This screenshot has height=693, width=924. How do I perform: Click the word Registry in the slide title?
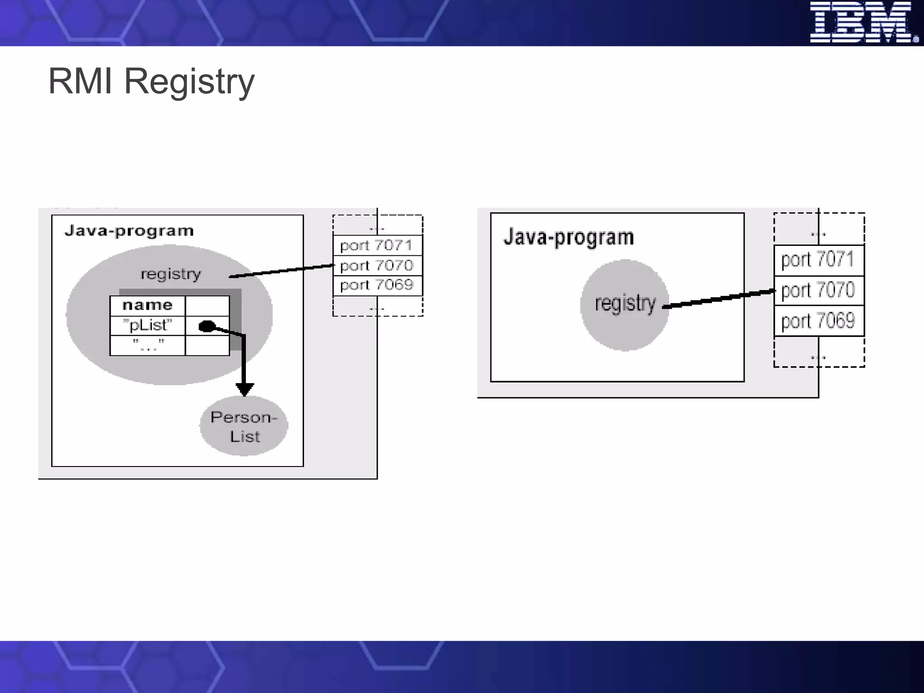tap(189, 82)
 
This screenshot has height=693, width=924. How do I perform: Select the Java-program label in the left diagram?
tap(129, 231)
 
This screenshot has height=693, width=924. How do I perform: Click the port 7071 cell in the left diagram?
tap(377, 245)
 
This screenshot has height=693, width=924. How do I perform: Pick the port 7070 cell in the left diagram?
tap(377, 265)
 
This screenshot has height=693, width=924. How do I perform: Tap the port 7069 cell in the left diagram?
tap(377, 285)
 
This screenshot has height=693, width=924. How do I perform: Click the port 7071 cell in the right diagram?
tap(818, 260)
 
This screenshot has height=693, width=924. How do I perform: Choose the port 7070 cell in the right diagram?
tap(818, 291)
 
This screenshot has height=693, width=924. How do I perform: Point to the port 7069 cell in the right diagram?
tap(818, 321)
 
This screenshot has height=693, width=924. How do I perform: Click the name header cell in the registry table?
tap(148, 305)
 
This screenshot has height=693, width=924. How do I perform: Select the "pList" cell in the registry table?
tap(148, 325)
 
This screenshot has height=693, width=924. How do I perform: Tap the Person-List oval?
tap(244, 426)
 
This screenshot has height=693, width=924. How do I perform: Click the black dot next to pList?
tap(207, 326)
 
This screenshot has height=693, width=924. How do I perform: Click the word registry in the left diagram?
tap(171, 274)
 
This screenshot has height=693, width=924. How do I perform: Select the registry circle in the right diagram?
tap(625, 305)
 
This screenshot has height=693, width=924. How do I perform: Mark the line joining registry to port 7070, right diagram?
tap(720, 299)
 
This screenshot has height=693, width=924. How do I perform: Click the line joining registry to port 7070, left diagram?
tap(282, 271)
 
